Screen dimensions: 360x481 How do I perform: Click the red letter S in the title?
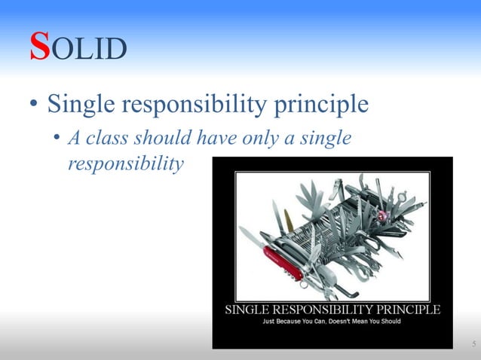(x=40, y=47)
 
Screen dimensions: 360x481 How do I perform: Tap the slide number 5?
(x=473, y=344)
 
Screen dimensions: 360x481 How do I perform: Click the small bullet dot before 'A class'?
(x=57, y=139)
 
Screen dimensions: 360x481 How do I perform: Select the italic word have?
(x=213, y=139)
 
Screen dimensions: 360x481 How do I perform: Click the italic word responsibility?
(x=125, y=163)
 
